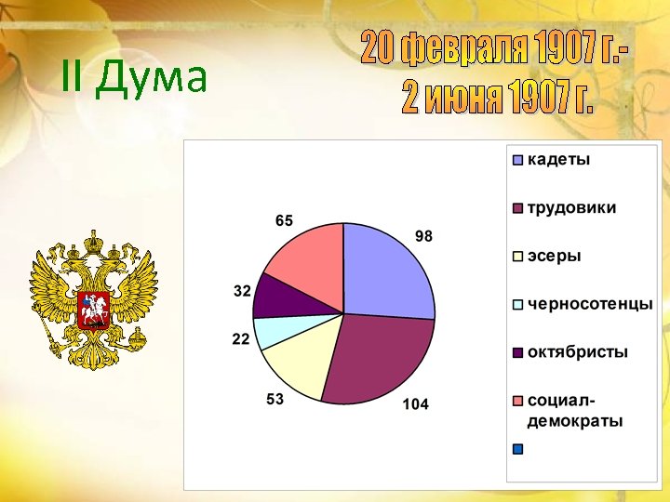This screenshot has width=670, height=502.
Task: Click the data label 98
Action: [423, 237]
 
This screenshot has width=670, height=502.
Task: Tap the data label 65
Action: [284, 221]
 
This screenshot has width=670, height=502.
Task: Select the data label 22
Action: [241, 340]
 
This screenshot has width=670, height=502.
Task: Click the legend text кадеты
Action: [558, 159]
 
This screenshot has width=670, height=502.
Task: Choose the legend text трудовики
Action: [571, 207]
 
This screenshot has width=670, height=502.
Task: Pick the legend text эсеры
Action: [554, 256]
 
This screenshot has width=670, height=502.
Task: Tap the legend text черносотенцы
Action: [590, 304]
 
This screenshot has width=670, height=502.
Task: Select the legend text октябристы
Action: [577, 352]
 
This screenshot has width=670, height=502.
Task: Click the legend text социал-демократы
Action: [574, 411]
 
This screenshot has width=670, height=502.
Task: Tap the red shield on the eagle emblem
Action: [94, 308]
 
